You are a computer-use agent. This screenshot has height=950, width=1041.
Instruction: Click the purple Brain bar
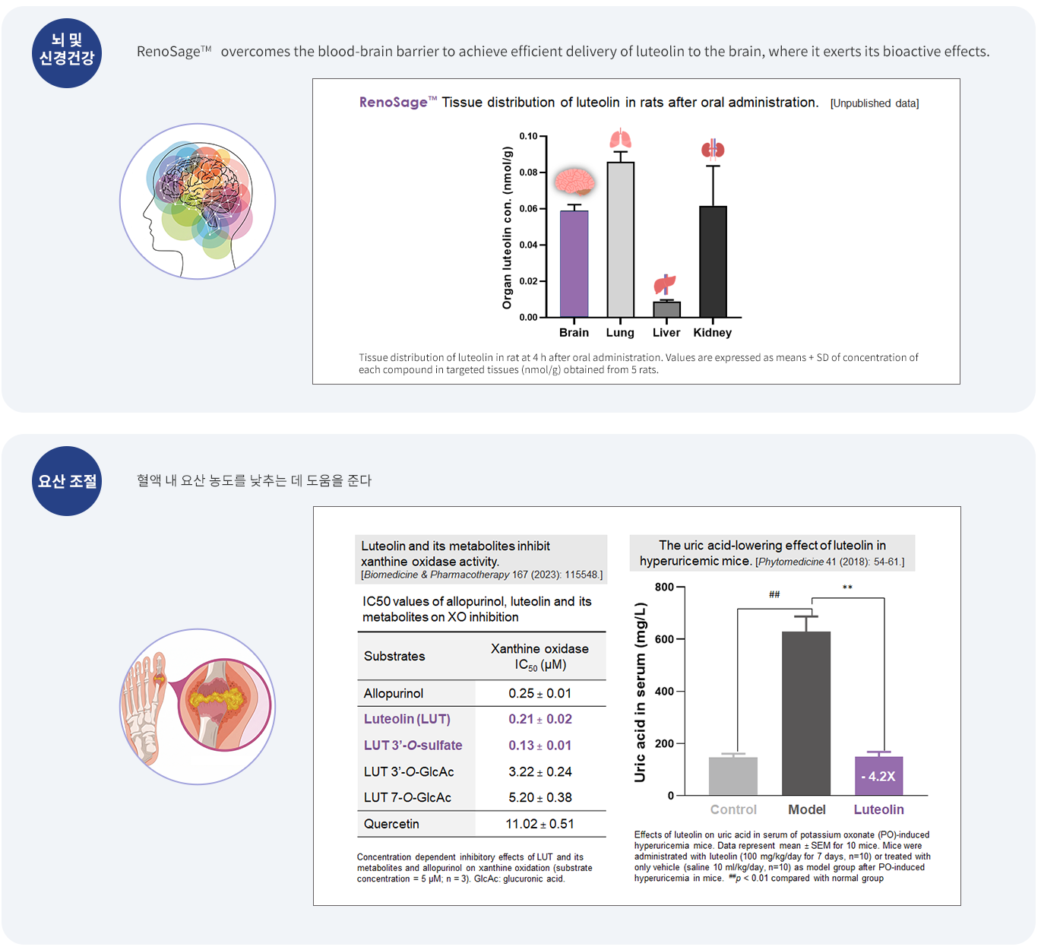pyautogui.click(x=574, y=264)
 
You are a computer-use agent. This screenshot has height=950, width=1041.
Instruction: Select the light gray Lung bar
pyautogui.click(x=620, y=239)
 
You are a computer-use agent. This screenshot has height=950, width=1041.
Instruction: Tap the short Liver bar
pyautogui.click(x=666, y=309)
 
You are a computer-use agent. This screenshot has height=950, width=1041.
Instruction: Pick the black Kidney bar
pyautogui.click(x=713, y=261)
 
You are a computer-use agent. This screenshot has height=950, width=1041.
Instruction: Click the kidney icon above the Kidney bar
pyautogui.click(x=713, y=149)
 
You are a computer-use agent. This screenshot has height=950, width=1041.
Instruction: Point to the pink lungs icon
pyautogui.click(x=620, y=139)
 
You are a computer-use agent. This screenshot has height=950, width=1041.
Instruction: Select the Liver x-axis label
pyautogui.click(x=666, y=333)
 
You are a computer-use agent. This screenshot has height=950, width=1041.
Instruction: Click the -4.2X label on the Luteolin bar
pyautogui.click(x=878, y=777)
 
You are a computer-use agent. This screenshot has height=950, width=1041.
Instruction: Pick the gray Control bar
pyautogui.click(x=733, y=776)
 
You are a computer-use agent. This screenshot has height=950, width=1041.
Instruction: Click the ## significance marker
pyautogui.click(x=774, y=595)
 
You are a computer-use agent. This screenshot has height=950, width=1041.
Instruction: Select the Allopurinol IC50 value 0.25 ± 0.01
pyautogui.click(x=539, y=693)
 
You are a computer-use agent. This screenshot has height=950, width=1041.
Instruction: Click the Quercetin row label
pyautogui.click(x=391, y=824)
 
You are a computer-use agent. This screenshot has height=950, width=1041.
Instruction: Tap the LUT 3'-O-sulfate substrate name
pyautogui.click(x=413, y=746)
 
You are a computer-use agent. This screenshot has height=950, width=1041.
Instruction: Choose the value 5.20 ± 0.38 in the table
pyautogui.click(x=539, y=797)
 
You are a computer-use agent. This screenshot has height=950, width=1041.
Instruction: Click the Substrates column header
pyautogui.click(x=394, y=656)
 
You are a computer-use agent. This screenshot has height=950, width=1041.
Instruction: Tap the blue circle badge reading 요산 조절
pyautogui.click(x=67, y=481)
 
